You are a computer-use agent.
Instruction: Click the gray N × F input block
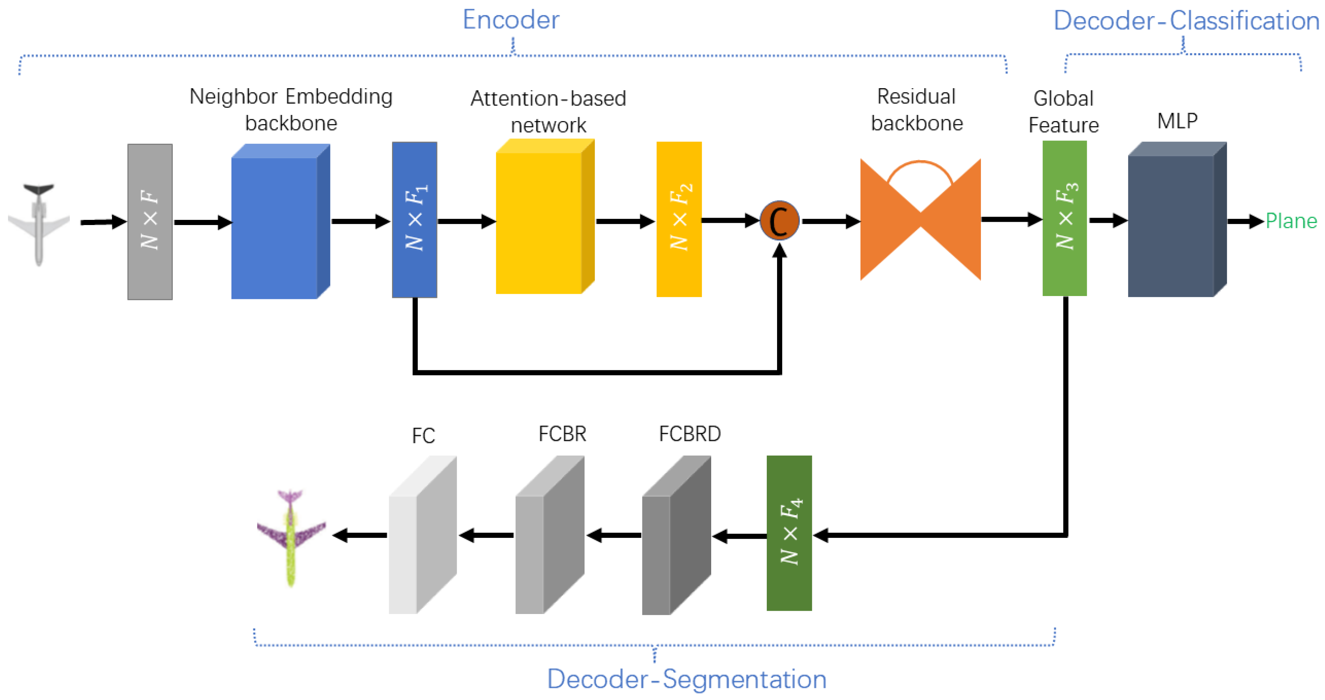point(150,222)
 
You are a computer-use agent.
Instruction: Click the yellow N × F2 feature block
point(679,219)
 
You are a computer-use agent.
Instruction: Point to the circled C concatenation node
point(779,221)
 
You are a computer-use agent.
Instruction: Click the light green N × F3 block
point(1064,218)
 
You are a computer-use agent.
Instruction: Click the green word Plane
point(1291,221)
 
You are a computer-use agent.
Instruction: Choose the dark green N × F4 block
point(789,533)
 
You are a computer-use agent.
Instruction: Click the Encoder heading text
point(510,20)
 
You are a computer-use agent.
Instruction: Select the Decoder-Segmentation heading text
point(686,679)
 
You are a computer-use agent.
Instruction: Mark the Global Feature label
point(1063,112)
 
